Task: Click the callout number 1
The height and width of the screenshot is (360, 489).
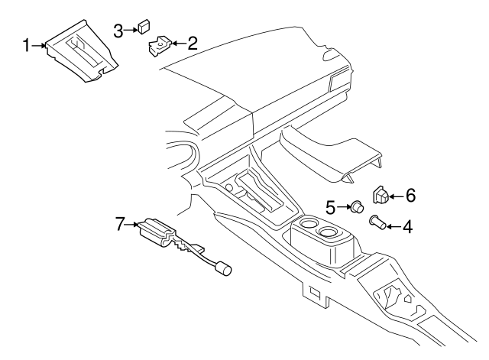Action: pos(26,47)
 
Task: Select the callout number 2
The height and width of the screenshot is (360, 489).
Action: pos(192,43)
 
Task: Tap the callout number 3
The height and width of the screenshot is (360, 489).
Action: pos(118,30)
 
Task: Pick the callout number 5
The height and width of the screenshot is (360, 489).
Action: pos(331,206)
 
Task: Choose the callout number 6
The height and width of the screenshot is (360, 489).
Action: pos(410,196)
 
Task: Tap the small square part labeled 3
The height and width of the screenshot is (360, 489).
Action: pos(143,29)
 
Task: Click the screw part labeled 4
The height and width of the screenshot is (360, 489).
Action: pos(375,222)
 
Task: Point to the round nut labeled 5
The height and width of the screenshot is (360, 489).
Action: pos(355,206)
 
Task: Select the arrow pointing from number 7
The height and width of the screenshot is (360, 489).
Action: pos(133,225)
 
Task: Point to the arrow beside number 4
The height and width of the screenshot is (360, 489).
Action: pos(390,226)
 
